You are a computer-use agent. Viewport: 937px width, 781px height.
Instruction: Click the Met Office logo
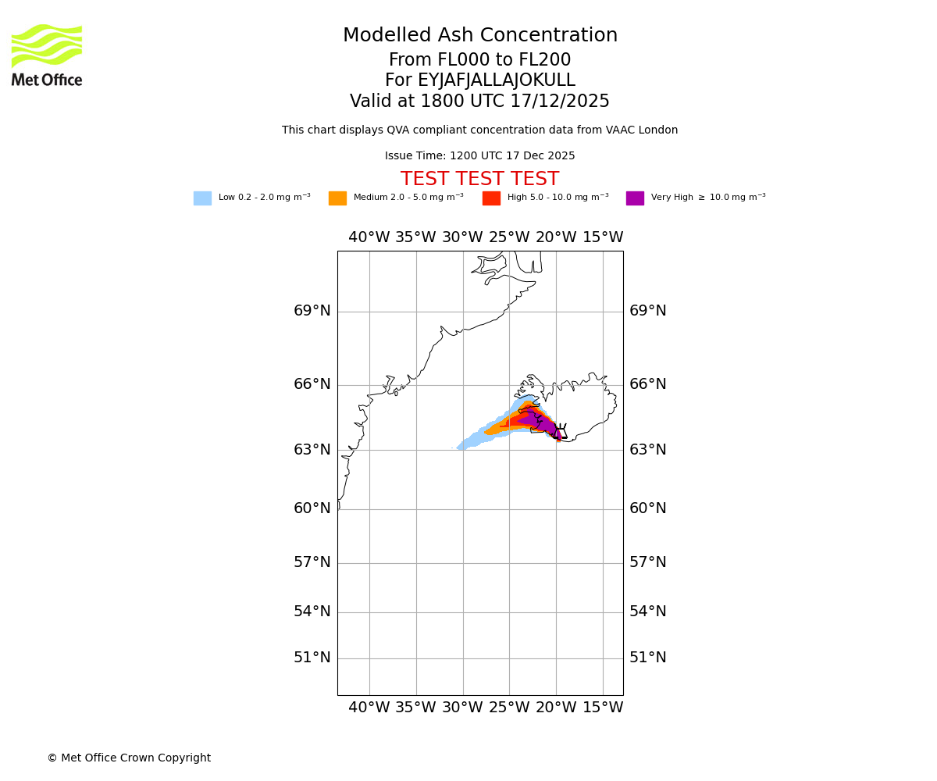click(x=47, y=55)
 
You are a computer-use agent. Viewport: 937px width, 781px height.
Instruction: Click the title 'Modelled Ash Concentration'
click(x=480, y=36)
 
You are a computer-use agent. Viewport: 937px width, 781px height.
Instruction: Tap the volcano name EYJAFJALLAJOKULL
click(x=497, y=80)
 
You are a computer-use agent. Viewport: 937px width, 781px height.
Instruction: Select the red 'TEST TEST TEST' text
click(x=479, y=179)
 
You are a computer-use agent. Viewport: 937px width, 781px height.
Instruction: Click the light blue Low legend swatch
click(x=202, y=198)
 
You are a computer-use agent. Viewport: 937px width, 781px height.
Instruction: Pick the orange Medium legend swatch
click(x=337, y=198)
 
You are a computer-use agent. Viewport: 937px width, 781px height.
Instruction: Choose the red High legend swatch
click(x=491, y=198)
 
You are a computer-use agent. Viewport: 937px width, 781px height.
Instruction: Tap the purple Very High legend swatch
click(x=635, y=198)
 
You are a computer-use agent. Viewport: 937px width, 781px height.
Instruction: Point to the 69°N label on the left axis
click(x=312, y=311)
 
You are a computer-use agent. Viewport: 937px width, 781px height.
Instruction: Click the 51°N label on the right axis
click(x=648, y=658)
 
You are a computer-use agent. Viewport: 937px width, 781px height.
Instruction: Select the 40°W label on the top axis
click(x=369, y=237)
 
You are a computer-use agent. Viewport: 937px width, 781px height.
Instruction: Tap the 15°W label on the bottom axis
click(x=603, y=708)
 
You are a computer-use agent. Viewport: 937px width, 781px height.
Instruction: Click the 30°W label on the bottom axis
click(x=462, y=708)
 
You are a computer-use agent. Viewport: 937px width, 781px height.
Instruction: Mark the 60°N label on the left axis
click(x=312, y=508)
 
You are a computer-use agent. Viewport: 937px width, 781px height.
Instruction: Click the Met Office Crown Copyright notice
click(x=129, y=758)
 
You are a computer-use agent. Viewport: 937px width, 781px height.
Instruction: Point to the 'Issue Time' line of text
click(x=479, y=156)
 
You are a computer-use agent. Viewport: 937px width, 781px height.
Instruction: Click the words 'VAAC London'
click(x=647, y=130)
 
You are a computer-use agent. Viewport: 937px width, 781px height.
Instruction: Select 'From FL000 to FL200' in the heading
click(x=479, y=60)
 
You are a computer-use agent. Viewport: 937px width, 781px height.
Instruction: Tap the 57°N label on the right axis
click(x=648, y=562)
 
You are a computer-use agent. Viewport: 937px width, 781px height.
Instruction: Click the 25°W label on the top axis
click(x=509, y=237)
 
